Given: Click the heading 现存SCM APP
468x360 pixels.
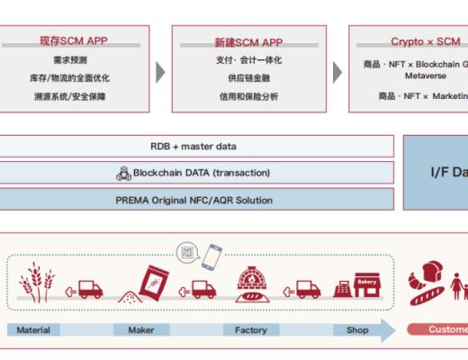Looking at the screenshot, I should click(75, 41).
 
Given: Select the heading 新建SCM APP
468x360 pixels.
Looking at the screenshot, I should click(248, 41).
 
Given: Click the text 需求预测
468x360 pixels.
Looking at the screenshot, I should click(70, 60).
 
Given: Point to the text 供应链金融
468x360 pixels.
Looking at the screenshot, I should click(248, 78).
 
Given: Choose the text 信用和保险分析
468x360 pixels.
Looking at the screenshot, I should click(248, 96).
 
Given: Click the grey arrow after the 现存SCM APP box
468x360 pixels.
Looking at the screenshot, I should click(160, 72).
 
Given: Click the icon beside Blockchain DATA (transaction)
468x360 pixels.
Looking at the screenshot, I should click(124, 173).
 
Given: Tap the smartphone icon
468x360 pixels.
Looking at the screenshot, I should click(212, 258).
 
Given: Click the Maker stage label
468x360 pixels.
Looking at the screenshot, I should click(141, 330).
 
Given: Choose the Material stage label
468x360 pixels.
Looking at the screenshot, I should click(33, 330).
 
